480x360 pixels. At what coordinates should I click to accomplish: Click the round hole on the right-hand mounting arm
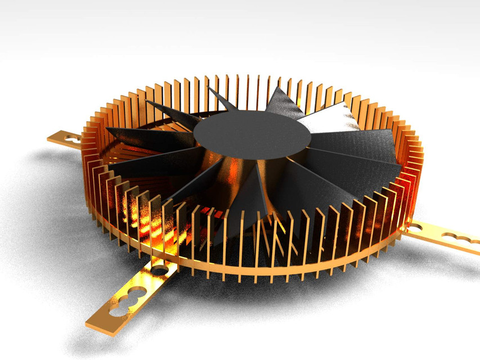pyautogui.click(x=416, y=227)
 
